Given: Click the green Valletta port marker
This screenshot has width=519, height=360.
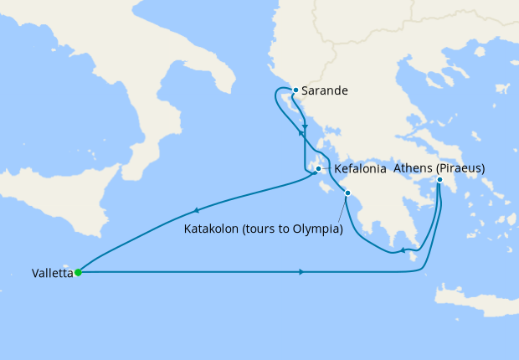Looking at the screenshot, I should [x=78, y=272].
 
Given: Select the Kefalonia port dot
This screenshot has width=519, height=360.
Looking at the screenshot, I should [x=318, y=169].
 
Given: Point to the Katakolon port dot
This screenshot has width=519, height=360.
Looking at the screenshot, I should [x=347, y=194].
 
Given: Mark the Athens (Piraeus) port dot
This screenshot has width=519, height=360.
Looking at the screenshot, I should [x=439, y=179].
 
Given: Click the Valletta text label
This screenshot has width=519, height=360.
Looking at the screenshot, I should [x=51, y=273].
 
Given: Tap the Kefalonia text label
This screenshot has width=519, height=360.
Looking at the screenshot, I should [x=360, y=169].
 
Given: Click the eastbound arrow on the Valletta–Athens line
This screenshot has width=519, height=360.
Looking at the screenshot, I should [x=301, y=272].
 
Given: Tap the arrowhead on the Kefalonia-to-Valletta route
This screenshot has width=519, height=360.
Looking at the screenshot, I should [x=197, y=210].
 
